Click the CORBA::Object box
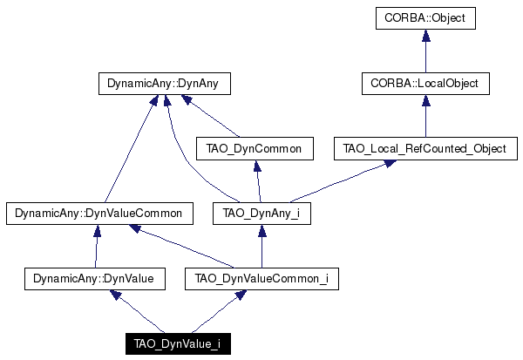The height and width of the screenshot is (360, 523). coord(425,18)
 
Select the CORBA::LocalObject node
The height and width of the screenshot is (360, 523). coord(425,84)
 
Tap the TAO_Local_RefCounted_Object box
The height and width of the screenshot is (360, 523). coord(425,148)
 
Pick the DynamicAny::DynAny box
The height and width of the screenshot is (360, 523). coord(165,84)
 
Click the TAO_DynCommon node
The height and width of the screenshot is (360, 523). coord(255,148)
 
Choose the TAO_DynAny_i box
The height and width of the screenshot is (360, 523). coord(261,214)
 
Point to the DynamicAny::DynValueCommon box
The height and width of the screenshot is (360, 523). coord(99,214)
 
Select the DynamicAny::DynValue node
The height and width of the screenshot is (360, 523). coord(95,279)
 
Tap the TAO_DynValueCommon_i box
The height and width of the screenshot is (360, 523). coord(261,279)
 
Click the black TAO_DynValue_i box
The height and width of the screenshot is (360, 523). coord(178,343)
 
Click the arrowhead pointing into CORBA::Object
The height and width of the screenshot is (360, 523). coord(425,36)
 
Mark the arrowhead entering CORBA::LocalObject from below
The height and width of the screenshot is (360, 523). coord(425,101)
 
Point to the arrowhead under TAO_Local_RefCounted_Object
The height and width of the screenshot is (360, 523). coord(390,164)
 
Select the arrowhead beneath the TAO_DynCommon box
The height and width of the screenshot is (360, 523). coord(257,166)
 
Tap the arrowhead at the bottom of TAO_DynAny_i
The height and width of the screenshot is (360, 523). coord(261,230)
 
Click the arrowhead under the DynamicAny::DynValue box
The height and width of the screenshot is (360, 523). coord(115,295)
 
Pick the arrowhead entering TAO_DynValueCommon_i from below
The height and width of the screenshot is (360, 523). coord(241,295)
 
